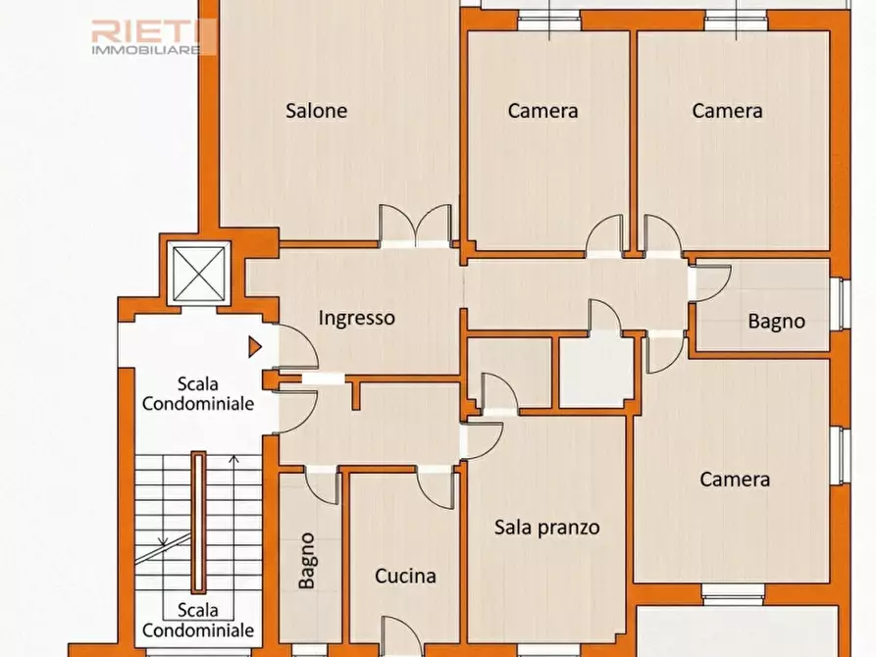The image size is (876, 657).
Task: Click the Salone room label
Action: (x=316, y=111)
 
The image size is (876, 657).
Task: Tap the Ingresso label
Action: (x=356, y=318)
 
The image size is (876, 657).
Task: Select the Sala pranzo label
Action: (x=547, y=528)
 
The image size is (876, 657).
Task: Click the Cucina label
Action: (x=405, y=576)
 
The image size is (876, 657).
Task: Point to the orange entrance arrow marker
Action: (x=255, y=347)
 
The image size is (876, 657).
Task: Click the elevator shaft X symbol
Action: (x=199, y=274)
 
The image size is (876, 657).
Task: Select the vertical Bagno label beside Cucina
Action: (x=306, y=560)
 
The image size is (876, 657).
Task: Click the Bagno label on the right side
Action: (x=777, y=322)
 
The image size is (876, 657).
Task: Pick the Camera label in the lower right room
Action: (x=735, y=480)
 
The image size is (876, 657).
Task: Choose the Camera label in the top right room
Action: (x=727, y=111)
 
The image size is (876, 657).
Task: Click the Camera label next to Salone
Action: (x=542, y=111)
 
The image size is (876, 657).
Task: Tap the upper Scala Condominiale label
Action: (x=198, y=394)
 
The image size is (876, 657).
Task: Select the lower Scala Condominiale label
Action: (x=198, y=620)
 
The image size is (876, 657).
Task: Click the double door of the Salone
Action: (x=415, y=226)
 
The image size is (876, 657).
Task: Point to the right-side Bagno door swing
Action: (x=710, y=283)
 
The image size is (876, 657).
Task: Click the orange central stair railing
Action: (x=198, y=523)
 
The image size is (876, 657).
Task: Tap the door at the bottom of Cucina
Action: (x=401, y=636)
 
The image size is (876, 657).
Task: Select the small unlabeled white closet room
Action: (x=596, y=372)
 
